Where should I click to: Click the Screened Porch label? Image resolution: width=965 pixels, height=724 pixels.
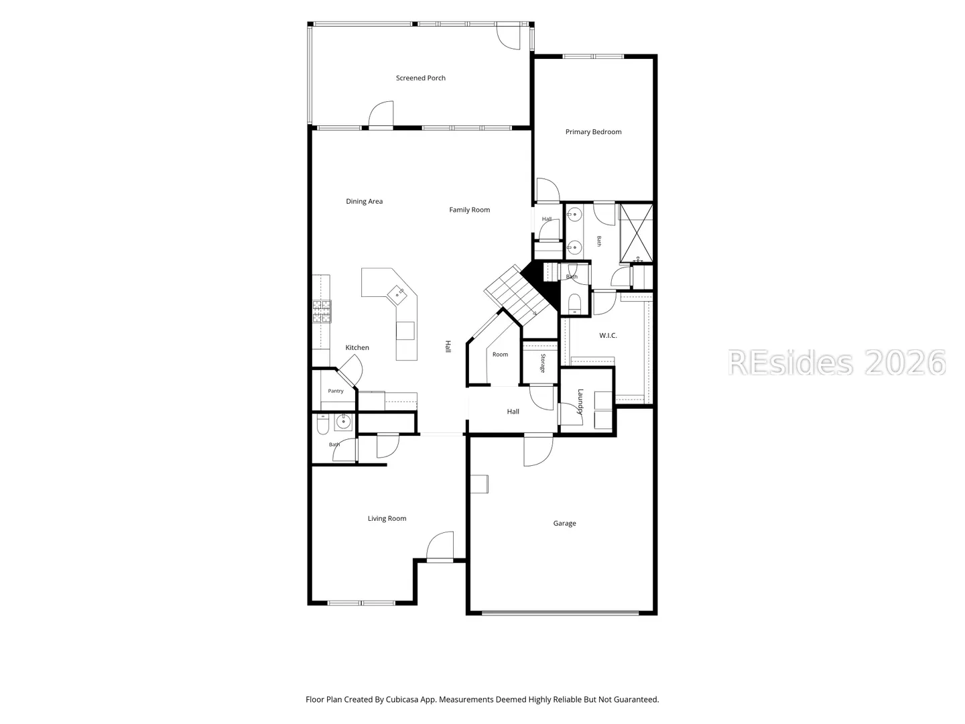pos(420,78)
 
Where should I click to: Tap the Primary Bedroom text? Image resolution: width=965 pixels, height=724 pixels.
pos(593,132)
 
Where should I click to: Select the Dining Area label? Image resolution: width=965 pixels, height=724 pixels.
pos(364,201)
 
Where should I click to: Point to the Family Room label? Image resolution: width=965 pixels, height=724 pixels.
pos(469,210)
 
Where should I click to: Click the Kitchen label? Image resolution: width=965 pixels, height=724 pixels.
pos(357,347)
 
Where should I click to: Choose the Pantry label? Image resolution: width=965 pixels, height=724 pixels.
pos(336,391)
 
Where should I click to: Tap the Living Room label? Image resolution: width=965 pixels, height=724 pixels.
pos(387,518)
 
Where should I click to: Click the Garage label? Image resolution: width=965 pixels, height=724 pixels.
pos(564,523)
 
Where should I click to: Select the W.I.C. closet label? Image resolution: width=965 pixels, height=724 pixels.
pos(608,335)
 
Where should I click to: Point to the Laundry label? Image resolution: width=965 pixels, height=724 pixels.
pos(580,402)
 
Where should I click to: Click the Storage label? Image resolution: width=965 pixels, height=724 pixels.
pos(543,363)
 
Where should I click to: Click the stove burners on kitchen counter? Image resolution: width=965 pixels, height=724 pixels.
pos(322,311)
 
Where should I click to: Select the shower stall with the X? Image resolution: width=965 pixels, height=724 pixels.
pos(636,233)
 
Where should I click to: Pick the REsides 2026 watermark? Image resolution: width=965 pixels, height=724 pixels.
pos(836,363)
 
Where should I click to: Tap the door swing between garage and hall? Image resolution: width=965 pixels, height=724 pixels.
pos(538,451)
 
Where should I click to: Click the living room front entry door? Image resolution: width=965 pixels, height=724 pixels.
pos(440,545)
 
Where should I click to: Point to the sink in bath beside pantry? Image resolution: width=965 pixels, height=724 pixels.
pos(343,422)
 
